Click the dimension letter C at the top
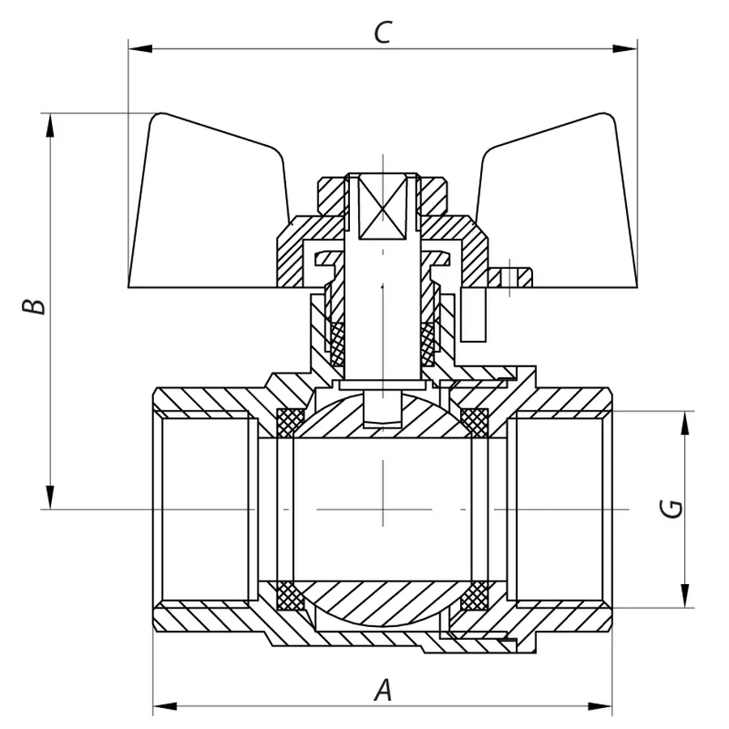pos(383,32)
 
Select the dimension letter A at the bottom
pos(383,691)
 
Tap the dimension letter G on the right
pos(671,509)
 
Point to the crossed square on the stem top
pos(381,207)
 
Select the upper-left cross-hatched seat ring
pos(291,421)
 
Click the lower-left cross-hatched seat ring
pos(291,597)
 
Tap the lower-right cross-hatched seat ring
pos(474,597)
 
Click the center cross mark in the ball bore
pos(383,509)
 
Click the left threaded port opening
pos(202,509)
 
